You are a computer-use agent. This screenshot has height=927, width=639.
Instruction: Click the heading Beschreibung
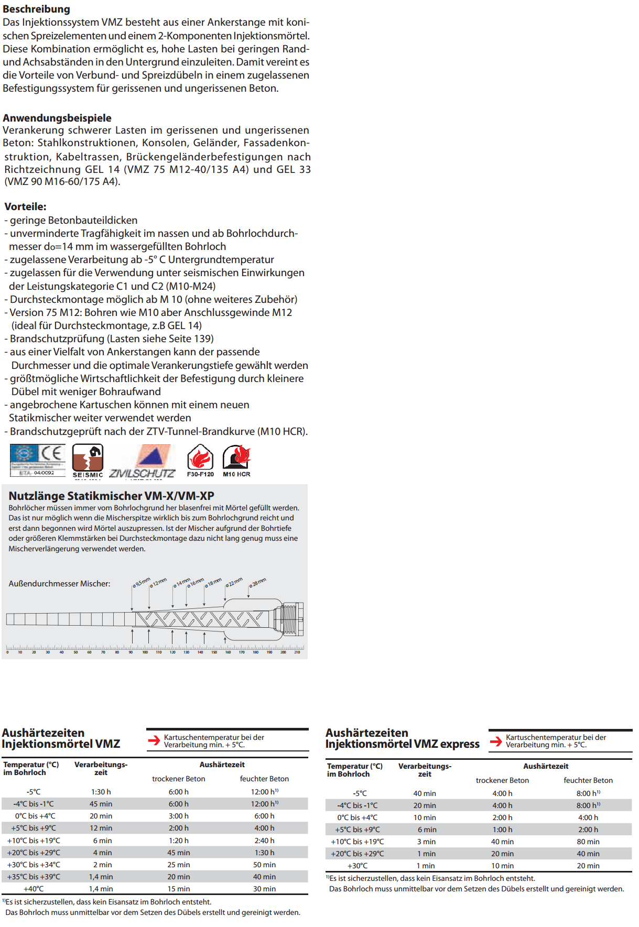coord(36,9)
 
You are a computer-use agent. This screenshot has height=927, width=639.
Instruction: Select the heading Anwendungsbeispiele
coord(57,118)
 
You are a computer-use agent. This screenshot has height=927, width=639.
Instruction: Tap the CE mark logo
coord(51,454)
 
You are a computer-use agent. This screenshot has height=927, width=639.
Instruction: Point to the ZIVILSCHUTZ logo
coord(142,461)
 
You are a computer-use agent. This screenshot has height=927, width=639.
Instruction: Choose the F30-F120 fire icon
coord(200,460)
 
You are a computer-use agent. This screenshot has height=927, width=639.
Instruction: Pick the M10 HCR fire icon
coord(236,460)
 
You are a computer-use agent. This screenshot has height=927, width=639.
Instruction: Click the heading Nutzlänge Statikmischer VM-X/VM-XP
coord(111,496)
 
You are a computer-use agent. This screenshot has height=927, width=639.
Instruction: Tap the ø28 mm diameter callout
coord(257,582)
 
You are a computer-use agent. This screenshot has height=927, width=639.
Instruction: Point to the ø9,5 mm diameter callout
coord(141,583)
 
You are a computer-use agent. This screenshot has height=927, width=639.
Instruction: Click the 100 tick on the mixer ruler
coord(145,652)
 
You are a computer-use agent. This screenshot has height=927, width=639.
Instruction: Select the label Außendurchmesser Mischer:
coord(59,584)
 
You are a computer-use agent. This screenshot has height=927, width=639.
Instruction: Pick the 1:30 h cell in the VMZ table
coord(101,792)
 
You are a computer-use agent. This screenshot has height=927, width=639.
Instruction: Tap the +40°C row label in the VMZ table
coord(34,889)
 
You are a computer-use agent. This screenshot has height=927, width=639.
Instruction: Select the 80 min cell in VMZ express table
coord(588,842)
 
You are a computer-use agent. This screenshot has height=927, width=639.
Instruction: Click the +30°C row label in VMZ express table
coord(358,866)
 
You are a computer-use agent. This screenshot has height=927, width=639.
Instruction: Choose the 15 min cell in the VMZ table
coord(179,889)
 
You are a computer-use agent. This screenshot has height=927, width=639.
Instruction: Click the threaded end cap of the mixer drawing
coord(292,619)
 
